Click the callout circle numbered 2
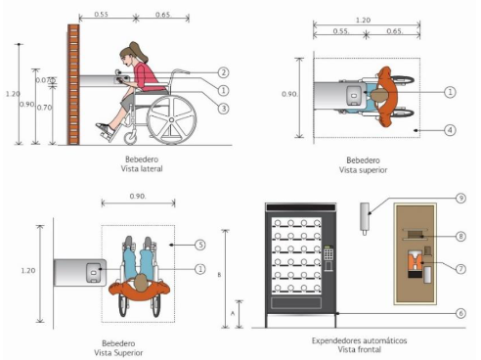click(x=224, y=72)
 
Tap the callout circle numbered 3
click(x=224, y=109)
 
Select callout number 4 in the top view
click(x=450, y=130)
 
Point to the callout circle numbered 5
click(x=200, y=245)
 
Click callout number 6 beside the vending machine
click(x=460, y=313)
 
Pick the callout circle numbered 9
click(x=460, y=198)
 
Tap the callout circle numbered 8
click(x=460, y=236)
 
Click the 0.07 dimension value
click(x=42, y=80)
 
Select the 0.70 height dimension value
click(x=44, y=108)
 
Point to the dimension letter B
click(x=219, y=275)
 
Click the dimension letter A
click(x=233, y=313)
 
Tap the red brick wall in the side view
click(x=73, y=84)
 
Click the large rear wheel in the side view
click(x=171, y=120)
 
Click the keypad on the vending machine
click(x=328, y=253)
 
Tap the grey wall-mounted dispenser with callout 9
click(x=365, y=217)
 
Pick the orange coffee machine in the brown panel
click(x=415, y=263)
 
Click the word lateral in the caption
click(x=151, y=169)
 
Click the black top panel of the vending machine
click(x=300, y=207)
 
